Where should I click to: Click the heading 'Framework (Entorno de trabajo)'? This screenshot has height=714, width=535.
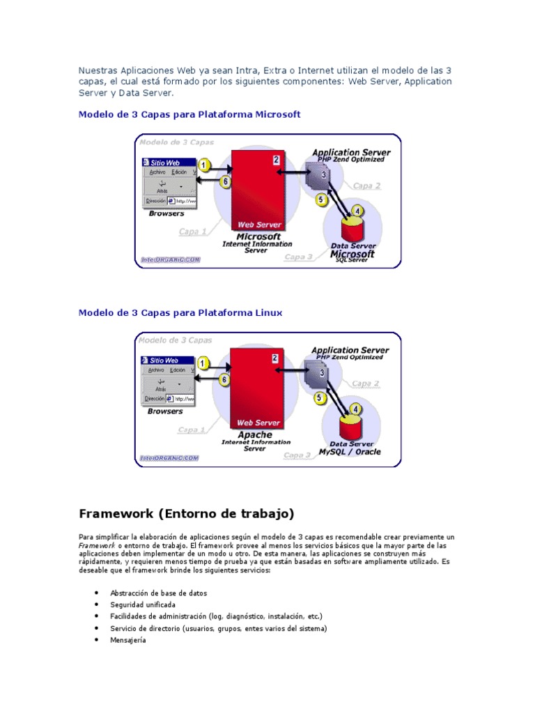coord(186,514)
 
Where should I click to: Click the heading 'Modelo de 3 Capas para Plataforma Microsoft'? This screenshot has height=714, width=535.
coord(189,114)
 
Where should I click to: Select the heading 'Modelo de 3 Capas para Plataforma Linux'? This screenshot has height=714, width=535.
coord(180,313)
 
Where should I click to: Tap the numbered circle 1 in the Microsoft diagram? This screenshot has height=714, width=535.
coord(203,165)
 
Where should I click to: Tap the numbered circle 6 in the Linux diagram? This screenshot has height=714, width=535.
coord(224,380)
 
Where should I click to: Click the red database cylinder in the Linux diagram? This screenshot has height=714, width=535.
coord(350,426)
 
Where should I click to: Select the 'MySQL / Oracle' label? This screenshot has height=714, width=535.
coord(350,452)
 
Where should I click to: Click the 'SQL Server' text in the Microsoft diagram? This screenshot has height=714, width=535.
coord(351,261)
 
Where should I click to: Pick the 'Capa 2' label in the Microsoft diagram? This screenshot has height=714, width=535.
coord(366,185)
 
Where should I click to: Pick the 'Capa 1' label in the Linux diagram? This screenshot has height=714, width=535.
coord(192,430)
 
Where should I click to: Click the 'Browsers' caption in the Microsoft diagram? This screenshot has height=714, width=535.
coord(166,213)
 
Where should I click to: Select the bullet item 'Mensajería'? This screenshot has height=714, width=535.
coord(128,640)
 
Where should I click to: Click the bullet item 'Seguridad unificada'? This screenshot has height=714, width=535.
coord(143,605)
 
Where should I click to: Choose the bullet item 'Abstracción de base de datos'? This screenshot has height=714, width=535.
coord(158,593)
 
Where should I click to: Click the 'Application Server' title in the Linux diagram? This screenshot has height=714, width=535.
coord(350,350)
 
